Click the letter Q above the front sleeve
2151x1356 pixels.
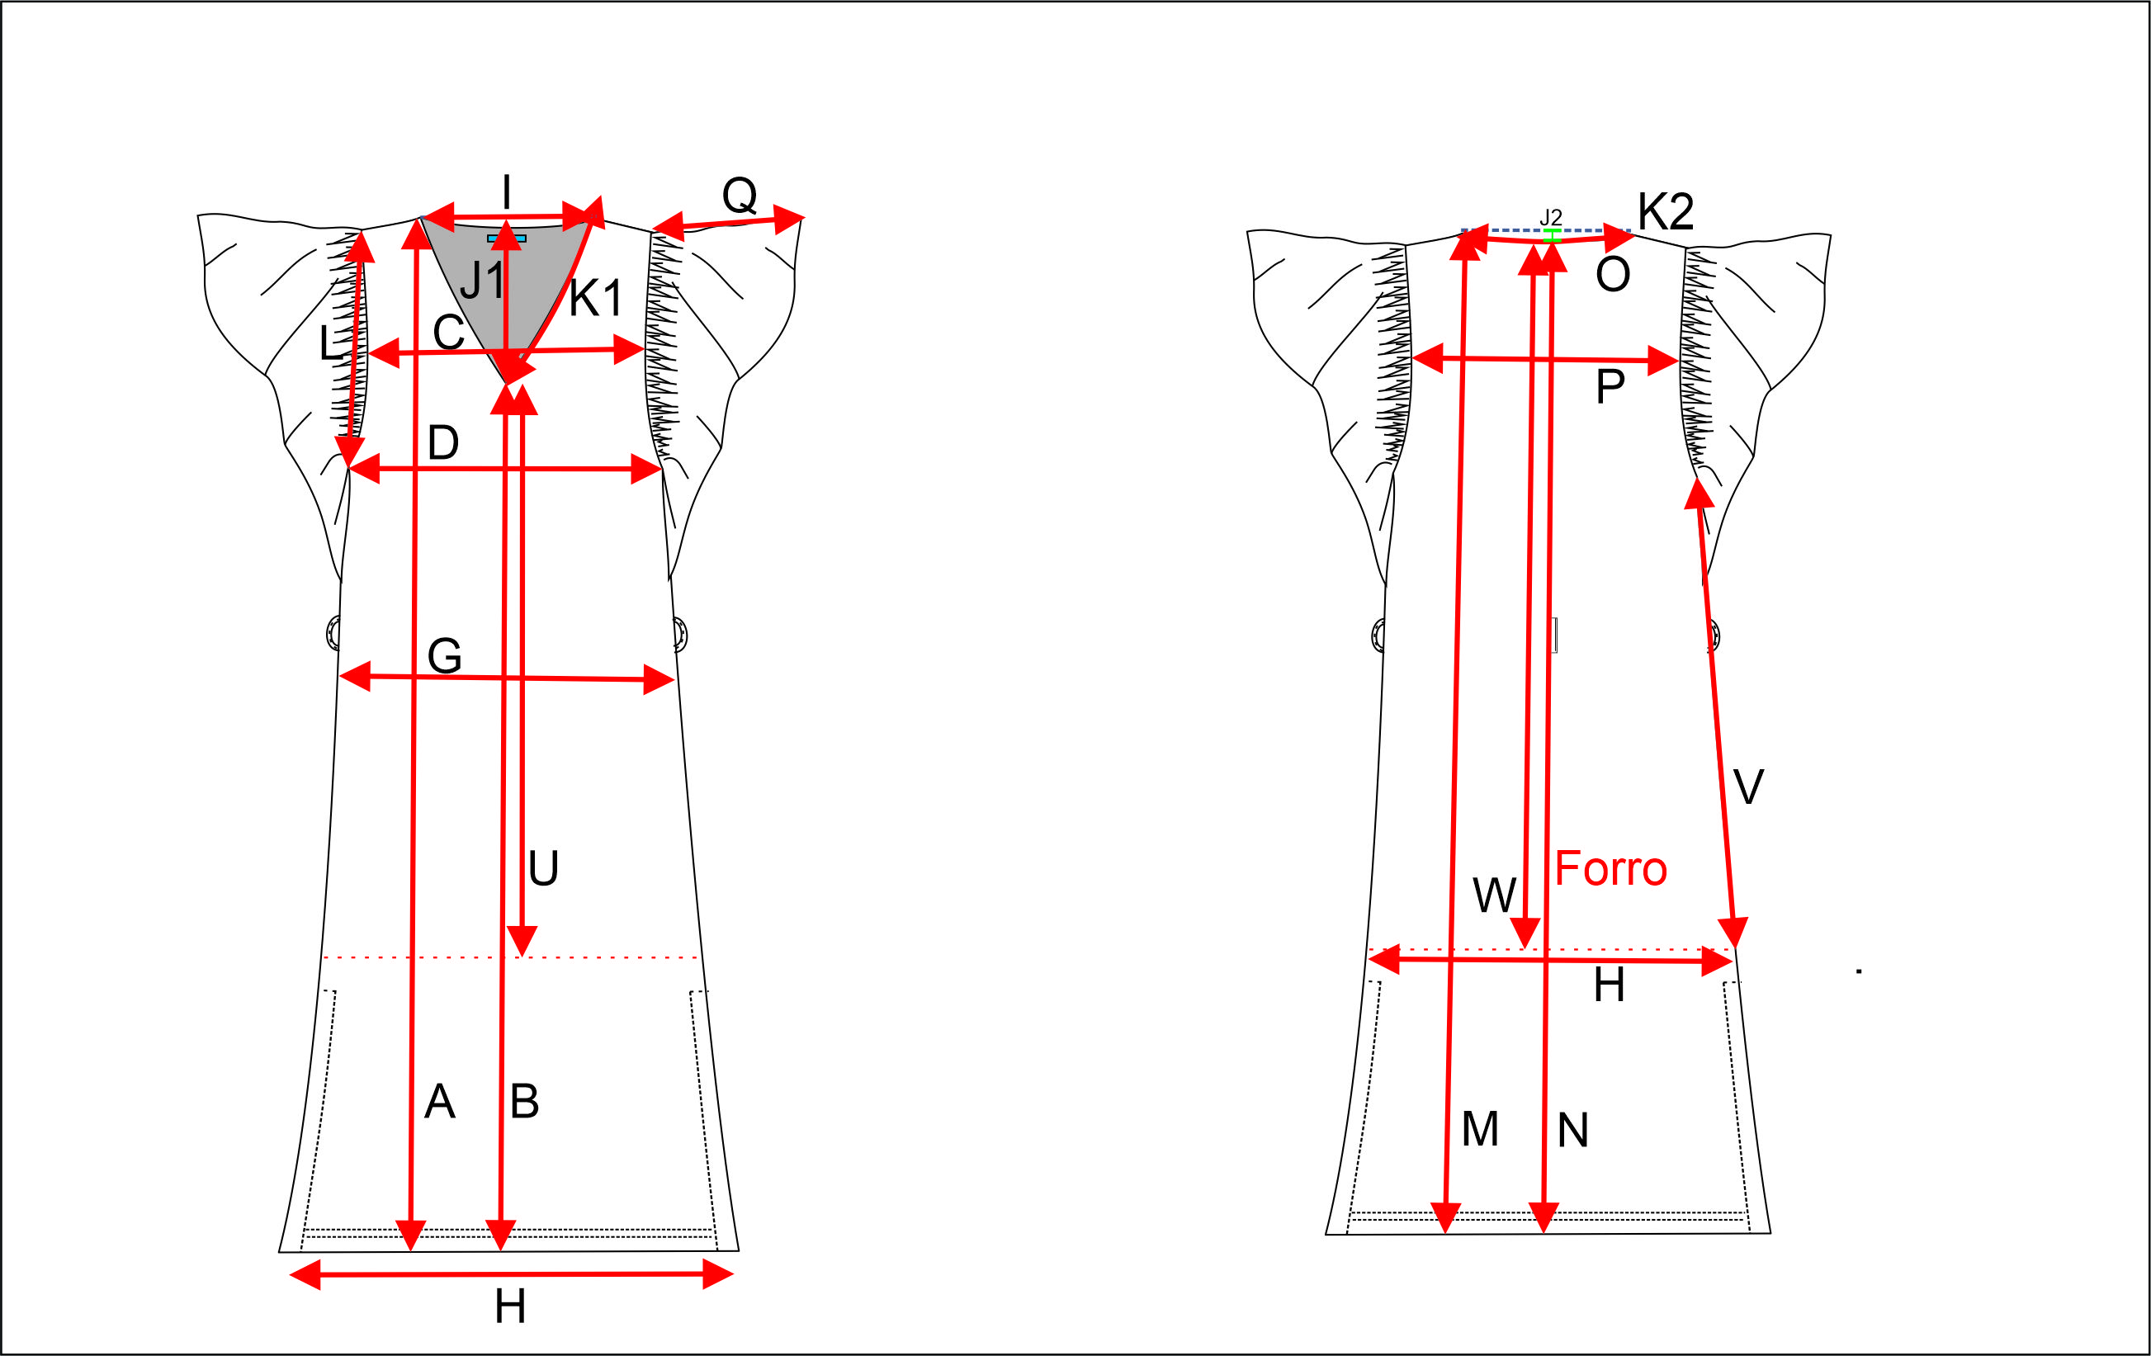740,195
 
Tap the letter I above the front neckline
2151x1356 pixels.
507,192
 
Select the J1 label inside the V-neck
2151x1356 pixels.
482,281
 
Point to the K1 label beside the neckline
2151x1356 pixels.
595,299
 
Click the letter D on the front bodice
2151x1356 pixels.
443,442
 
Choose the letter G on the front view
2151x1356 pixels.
445,657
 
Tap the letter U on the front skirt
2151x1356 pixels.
543,868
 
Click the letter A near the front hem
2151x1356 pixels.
439,1102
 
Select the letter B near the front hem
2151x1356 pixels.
524,1102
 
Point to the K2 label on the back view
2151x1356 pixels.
1665,213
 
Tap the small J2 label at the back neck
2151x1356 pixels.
1551,217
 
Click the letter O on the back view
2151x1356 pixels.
1612,274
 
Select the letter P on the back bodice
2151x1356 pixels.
1610,387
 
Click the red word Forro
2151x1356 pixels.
1610,869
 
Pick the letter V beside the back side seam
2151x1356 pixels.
1748,787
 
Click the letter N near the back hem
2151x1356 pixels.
1573,1131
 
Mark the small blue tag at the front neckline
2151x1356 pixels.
507,239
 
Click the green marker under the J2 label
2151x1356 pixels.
1552,235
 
